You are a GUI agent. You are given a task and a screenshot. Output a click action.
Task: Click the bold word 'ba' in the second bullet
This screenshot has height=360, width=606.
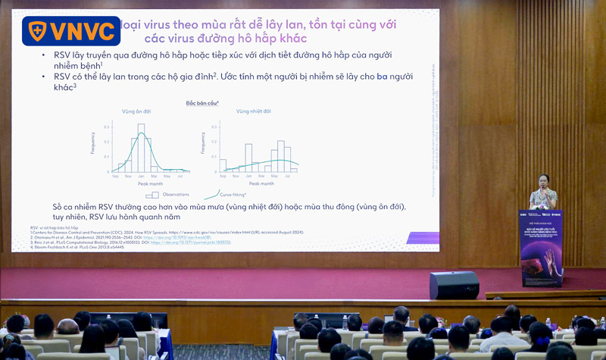click(382, 77)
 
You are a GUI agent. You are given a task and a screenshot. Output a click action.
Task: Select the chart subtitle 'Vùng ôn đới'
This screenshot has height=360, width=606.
click(136, 111)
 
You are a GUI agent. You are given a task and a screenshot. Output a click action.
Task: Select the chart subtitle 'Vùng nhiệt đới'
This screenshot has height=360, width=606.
click(252, 111)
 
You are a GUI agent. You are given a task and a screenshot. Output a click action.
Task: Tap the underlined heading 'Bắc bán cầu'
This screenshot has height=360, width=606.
click(202, 102)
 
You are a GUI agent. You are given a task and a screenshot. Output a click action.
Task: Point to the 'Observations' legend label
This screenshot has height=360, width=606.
click(174, 195)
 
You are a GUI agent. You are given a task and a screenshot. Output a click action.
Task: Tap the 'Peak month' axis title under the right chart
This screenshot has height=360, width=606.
click(261, 183)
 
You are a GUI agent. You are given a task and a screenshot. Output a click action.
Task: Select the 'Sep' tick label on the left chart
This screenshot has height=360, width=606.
click(116, 176)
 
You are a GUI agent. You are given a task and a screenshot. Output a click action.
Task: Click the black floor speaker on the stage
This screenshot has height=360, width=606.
click(454, 285)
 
